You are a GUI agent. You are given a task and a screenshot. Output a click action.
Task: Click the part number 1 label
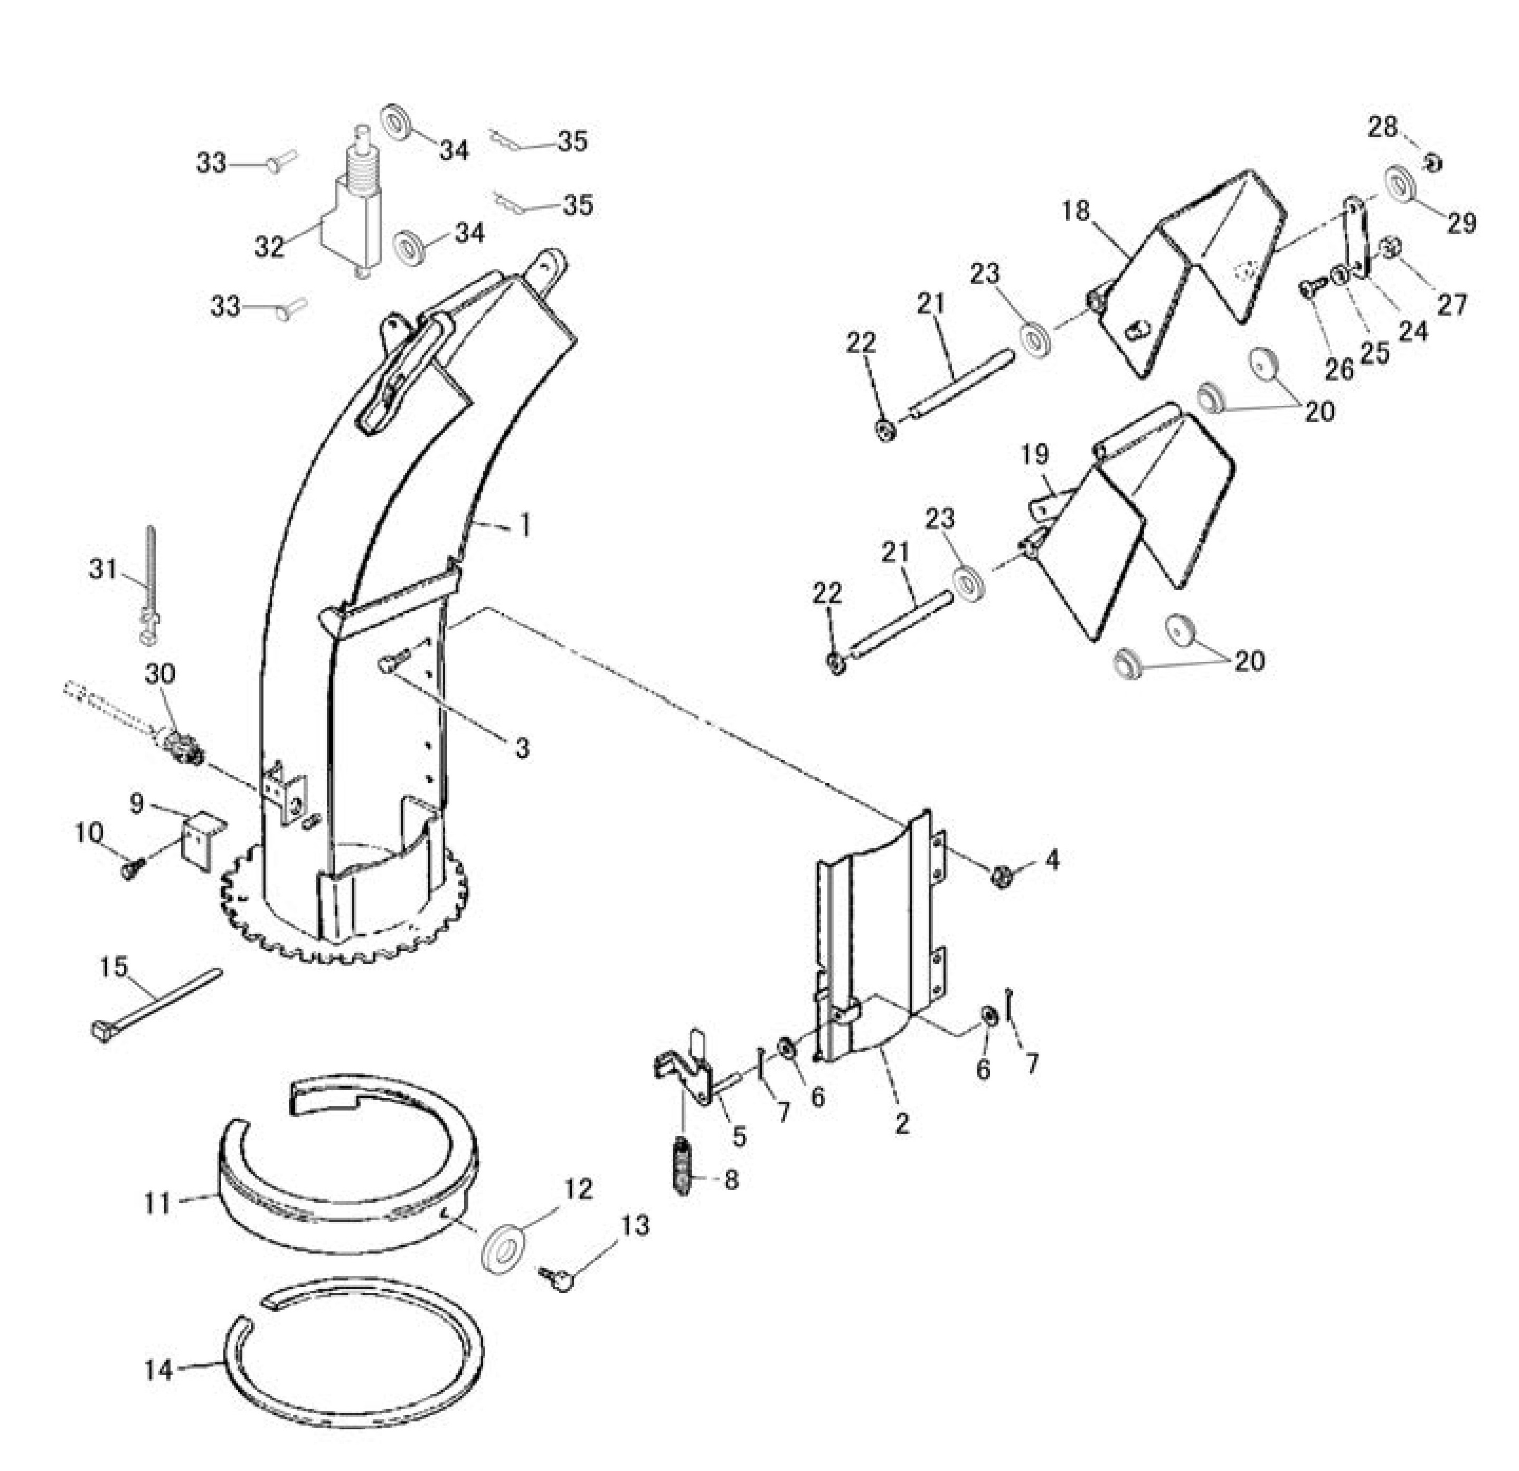click(x=525, y=527)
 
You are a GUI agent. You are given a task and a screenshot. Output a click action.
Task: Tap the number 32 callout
click(x=269, y=246)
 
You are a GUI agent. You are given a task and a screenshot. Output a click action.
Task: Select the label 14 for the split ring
click(x=159, y=1370)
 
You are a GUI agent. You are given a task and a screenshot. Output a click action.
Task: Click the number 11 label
click(x=157, y=1204)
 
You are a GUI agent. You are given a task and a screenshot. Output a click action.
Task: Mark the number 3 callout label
click(x=522, y=747)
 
